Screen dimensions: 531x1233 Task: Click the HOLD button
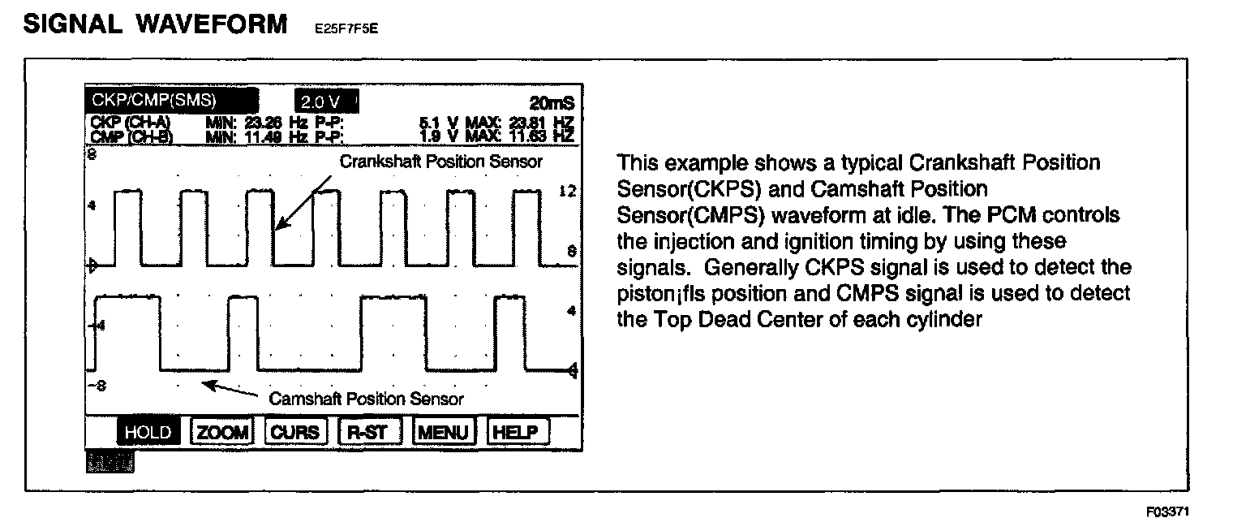click(x=148, y=432)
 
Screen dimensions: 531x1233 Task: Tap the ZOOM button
click(x=222, y=432)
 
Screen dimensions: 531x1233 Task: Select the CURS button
click(x=295, y=432)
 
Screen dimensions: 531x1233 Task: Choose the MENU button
click(x=443, y=432)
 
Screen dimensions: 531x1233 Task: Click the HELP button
click(x=517, y=432)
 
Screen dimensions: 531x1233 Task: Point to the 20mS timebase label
click(x=552, y=104)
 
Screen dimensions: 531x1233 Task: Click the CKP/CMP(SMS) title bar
click(x=170, y=101)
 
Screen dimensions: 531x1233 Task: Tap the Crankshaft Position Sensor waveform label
click(x=440, y=162)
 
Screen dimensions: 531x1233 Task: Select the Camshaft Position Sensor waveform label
click(x=366, y=399)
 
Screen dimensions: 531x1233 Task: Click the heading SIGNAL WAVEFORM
click(x=155, y=24)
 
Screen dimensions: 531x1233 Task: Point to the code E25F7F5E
click(x=346, y=29)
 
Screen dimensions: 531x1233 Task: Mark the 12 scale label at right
click(x=567, y=192)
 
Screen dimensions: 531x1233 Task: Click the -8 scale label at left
click(x=96, y=386)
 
